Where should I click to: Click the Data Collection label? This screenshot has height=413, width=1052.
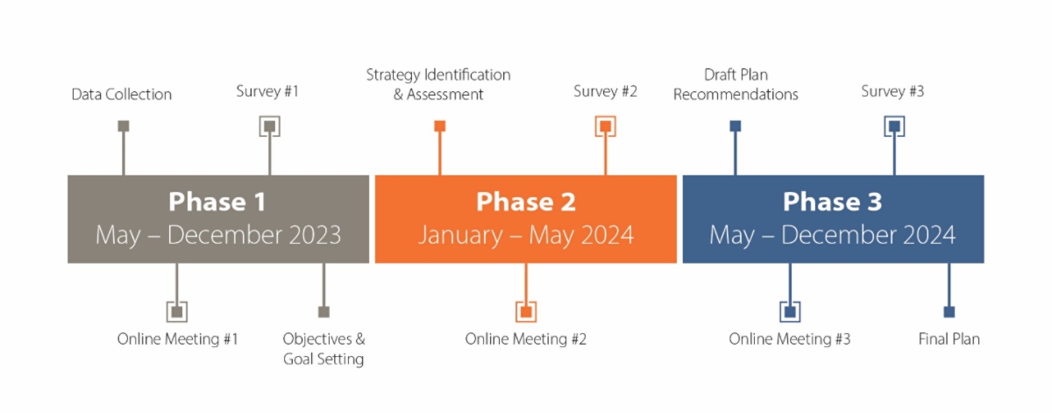click(x=122, y=95)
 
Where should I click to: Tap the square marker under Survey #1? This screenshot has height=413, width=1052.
click(x=270, y=126)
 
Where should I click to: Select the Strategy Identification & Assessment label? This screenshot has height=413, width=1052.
click(x=438, y=84)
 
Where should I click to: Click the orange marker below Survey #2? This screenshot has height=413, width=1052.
click(x=606, y=126)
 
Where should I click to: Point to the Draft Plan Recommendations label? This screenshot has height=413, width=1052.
click(x=736, y=84)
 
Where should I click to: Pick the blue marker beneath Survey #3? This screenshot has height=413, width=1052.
click(x=894, y=126)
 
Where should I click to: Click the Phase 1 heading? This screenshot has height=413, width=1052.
click(x=217, y=202)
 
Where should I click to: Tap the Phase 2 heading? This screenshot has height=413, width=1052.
click(x=526, y=202)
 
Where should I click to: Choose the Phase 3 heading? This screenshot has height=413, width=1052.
click(x=833, y=202)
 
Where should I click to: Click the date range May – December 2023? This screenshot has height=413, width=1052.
click(x=218, y=235)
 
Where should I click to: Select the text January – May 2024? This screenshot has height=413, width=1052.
click(x=526, y=235)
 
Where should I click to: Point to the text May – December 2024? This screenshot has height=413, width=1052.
click(x=833, y=235)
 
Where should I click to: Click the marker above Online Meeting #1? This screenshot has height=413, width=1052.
click(x=177, y=311)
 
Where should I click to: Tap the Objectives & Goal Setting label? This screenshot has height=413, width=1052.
click(x=323, y=349)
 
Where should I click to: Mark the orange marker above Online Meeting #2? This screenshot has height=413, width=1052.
click(x=526, y=311)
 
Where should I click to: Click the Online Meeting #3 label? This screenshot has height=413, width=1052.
click(x=790, y=338)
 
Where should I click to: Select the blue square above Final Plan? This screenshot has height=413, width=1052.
click(x=949, y=311)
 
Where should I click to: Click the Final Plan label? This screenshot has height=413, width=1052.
click(x=949, y=338)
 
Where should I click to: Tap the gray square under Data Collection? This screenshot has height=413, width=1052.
click(x=124, y=126)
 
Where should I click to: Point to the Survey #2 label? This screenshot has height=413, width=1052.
click(x=606, y=91)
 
